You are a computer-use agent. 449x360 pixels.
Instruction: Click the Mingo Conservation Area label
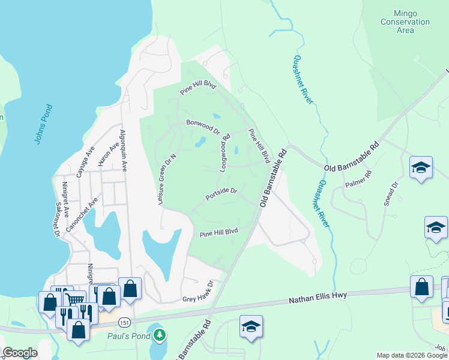[x=405, y=22]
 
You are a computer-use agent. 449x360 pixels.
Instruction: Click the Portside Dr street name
[x=221, y=194]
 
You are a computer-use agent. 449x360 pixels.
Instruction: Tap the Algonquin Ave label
[x=124, y=151]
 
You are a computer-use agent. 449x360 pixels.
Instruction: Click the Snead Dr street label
[x=391, y=194]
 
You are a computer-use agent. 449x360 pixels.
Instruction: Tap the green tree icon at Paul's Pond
[x=159, y=335]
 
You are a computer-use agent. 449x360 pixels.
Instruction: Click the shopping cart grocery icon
[x=74, y=300]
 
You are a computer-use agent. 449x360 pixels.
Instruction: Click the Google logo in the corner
[x=20, y=353]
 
